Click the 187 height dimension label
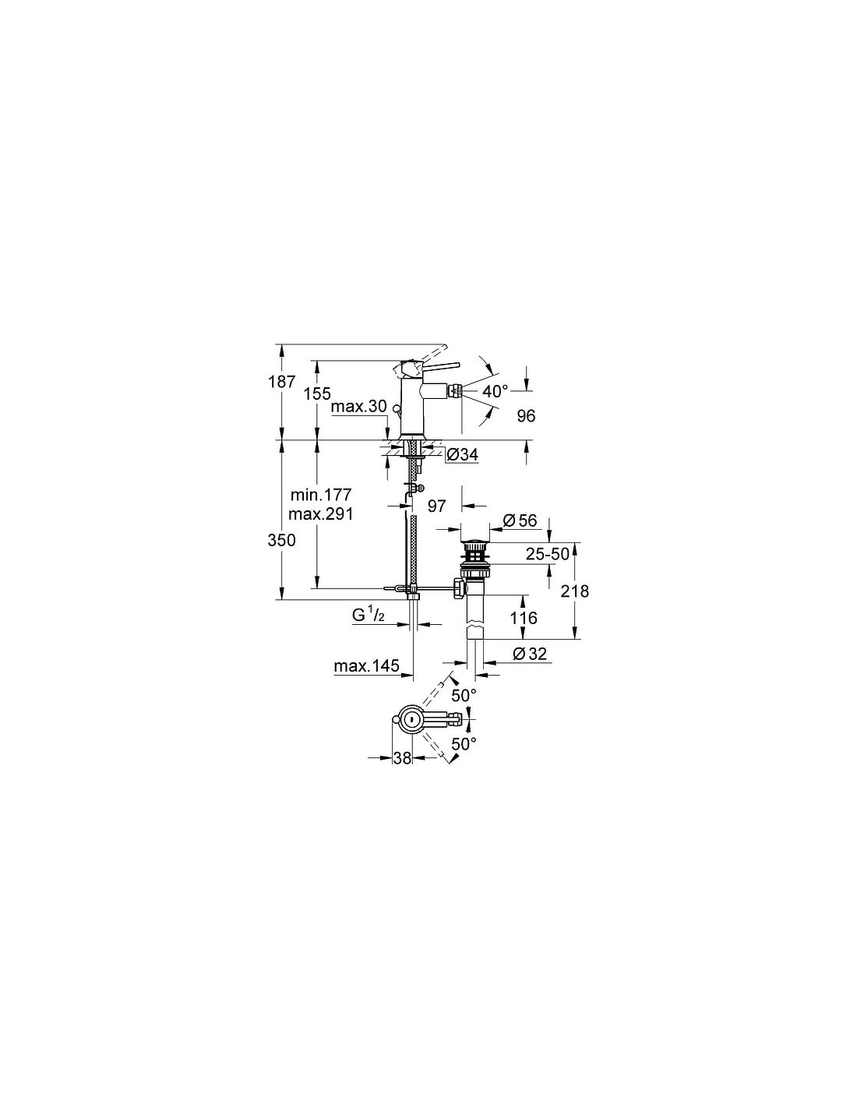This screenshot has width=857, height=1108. pyautogui.click(x=282, y=381)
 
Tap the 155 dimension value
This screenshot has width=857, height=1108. pyautogui.click(x=317, y=393)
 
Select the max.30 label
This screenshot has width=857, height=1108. pyautogui.click(x=359, y=407)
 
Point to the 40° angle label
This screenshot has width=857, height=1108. pyautogui.click(x=496, y=391)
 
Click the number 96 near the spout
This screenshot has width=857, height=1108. pyautogui.click(x=526, y=416)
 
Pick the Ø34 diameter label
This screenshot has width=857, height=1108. pyautogui.click(x=463, y=454)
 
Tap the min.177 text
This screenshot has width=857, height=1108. pyautogui.click(x=321, y=494)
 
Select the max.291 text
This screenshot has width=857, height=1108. pyautogui.click(x=321, y=513)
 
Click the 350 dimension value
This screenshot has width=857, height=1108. pyautogui.click(x=282, y=540)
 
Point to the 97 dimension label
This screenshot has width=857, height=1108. pyautogui.click(x=436, y=506)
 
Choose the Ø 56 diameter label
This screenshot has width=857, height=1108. pyautogui.click(x=520, y=520)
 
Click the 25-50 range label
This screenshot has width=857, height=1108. pyautogui.click(x=548, y=554)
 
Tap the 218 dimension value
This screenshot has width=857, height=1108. pyautogui.click(x=574, y=591)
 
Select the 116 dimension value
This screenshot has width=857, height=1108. pyautogui.click(x=524, y=618)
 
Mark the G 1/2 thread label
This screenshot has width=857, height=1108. pyautogui.click(x=369, y=616)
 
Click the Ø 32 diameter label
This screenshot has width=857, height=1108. pyautogui.click(x=531, y=654)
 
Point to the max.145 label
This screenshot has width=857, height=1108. pyautogui.click(x=366, y=666)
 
